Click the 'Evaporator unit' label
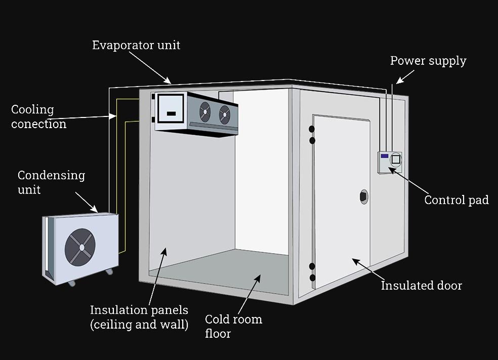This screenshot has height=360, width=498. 136,46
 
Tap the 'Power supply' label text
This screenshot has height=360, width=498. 428,61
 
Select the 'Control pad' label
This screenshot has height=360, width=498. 456,200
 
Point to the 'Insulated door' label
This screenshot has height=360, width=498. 421,286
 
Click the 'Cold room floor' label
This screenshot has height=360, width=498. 233,326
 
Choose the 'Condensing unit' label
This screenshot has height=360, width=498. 51,182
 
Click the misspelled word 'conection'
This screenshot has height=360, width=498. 39,124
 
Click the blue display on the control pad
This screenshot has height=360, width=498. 384,156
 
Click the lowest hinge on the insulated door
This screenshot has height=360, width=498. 312,277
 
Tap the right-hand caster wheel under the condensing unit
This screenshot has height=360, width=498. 108,272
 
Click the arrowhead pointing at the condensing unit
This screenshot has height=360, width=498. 95,209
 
